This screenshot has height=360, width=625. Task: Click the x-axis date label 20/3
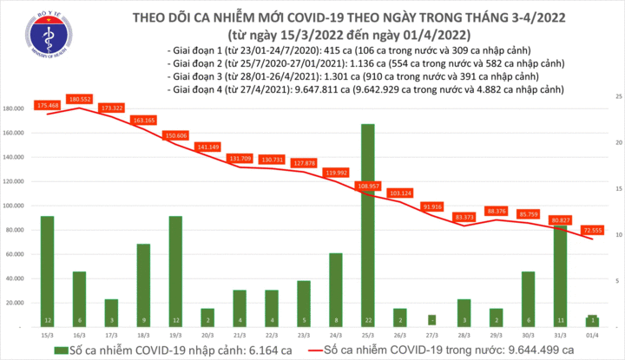pyautogui.click(x=207, y=334)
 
